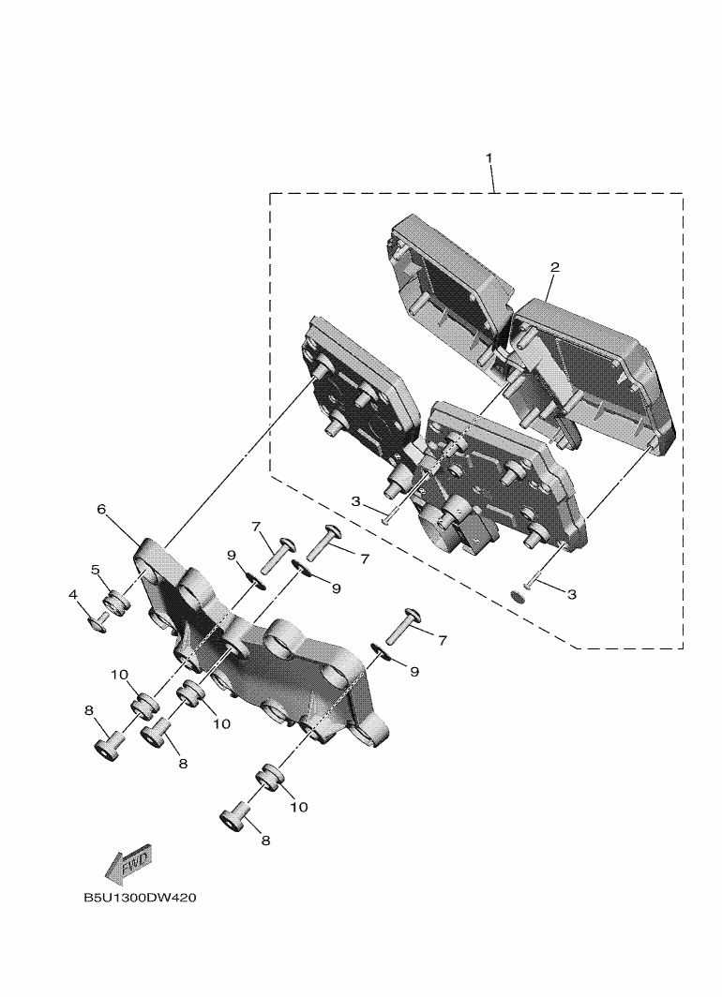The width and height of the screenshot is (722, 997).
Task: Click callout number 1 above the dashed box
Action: [489, 157]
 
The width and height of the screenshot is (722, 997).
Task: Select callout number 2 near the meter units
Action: [555, 267]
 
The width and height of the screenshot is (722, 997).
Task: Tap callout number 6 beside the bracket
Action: [101, 510]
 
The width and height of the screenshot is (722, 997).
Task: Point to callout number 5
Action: [96, 569]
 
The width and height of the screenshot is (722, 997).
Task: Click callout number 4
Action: [73, 594]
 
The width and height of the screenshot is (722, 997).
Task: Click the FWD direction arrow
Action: [128, 865]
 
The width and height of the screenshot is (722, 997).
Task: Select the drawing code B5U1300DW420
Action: [140, 898]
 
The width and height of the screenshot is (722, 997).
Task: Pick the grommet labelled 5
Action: [114, 603]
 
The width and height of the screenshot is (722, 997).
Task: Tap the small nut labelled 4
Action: [98, 622]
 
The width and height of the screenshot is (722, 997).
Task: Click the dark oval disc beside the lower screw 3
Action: [519, 598]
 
